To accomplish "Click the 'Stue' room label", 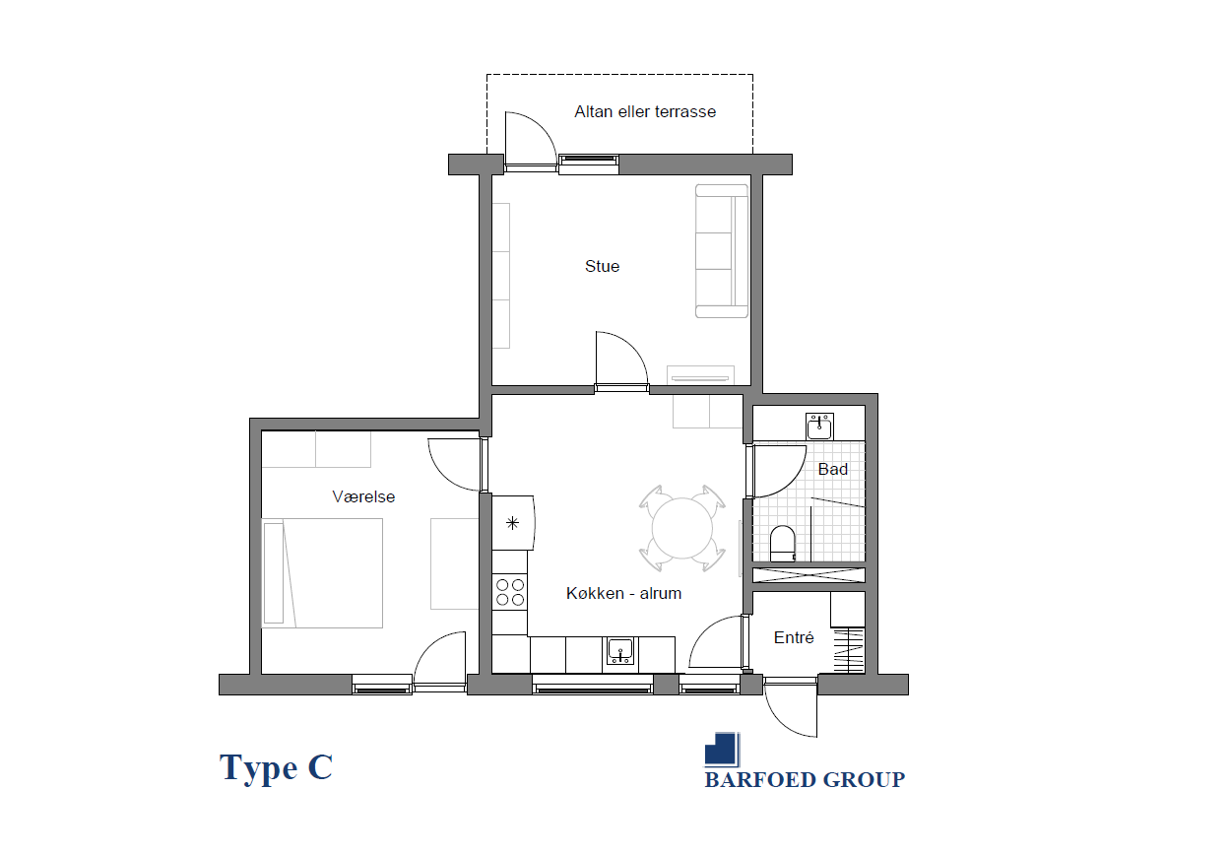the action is point(602,266).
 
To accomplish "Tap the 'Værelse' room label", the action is point(363,496).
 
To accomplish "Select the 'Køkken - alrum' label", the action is point(623,593).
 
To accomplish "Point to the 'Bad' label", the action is point(833,469).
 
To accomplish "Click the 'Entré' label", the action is point(794,637).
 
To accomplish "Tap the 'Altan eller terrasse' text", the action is point(645,112).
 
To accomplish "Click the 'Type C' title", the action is point(276,767).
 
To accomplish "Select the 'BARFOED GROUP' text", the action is point(805,780).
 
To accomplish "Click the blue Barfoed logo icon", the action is point(722,749).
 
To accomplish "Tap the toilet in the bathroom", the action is point(783,544).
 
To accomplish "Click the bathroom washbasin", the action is point(819,427).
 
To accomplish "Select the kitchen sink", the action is point(620,651).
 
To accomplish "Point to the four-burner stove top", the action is point(510,592).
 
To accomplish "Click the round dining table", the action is point(682,529).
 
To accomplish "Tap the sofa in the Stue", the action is point(722,251).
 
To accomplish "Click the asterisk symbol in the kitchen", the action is point(512,523).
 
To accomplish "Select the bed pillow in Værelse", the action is point(274,573).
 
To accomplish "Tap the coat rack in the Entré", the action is point(849,650).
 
